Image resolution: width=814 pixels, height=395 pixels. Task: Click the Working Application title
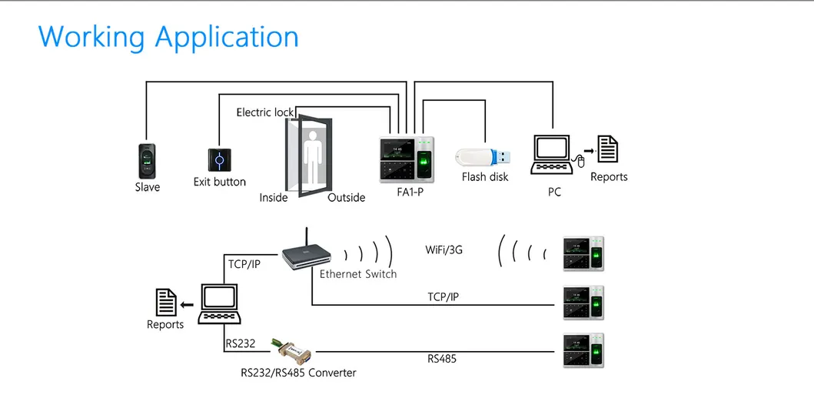click(168, 37)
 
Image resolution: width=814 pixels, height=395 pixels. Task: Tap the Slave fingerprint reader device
click(148, 160)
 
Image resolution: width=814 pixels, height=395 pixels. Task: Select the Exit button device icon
click(220, 160)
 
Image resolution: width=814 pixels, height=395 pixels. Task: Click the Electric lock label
click(264, 112)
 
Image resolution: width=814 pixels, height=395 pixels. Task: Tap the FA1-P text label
click(410, 192)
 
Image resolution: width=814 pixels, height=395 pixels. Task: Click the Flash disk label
click(485, 177)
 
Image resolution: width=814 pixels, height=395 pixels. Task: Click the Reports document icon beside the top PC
click(608, 149)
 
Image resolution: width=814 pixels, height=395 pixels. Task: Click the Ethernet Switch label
click(358, 274)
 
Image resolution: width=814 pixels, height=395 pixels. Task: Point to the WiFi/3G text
click(444, 250)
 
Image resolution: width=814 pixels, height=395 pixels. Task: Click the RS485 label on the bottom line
click(442, 358)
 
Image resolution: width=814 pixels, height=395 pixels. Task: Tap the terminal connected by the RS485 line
click(583, 350)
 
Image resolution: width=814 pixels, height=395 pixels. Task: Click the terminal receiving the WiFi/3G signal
click(583, 253)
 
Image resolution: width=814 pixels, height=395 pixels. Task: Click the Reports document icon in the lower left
click(165, 303)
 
